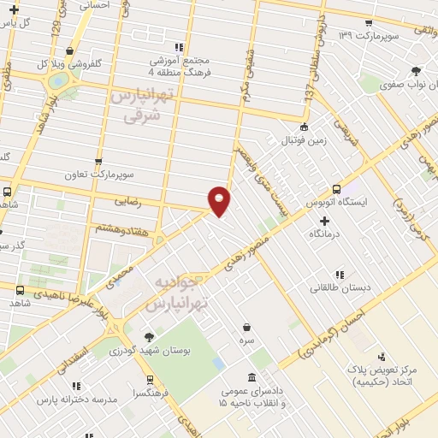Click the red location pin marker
(220, 200)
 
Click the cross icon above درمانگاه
(324, 221)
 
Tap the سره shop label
(246, 340)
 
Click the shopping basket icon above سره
(246, 327)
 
